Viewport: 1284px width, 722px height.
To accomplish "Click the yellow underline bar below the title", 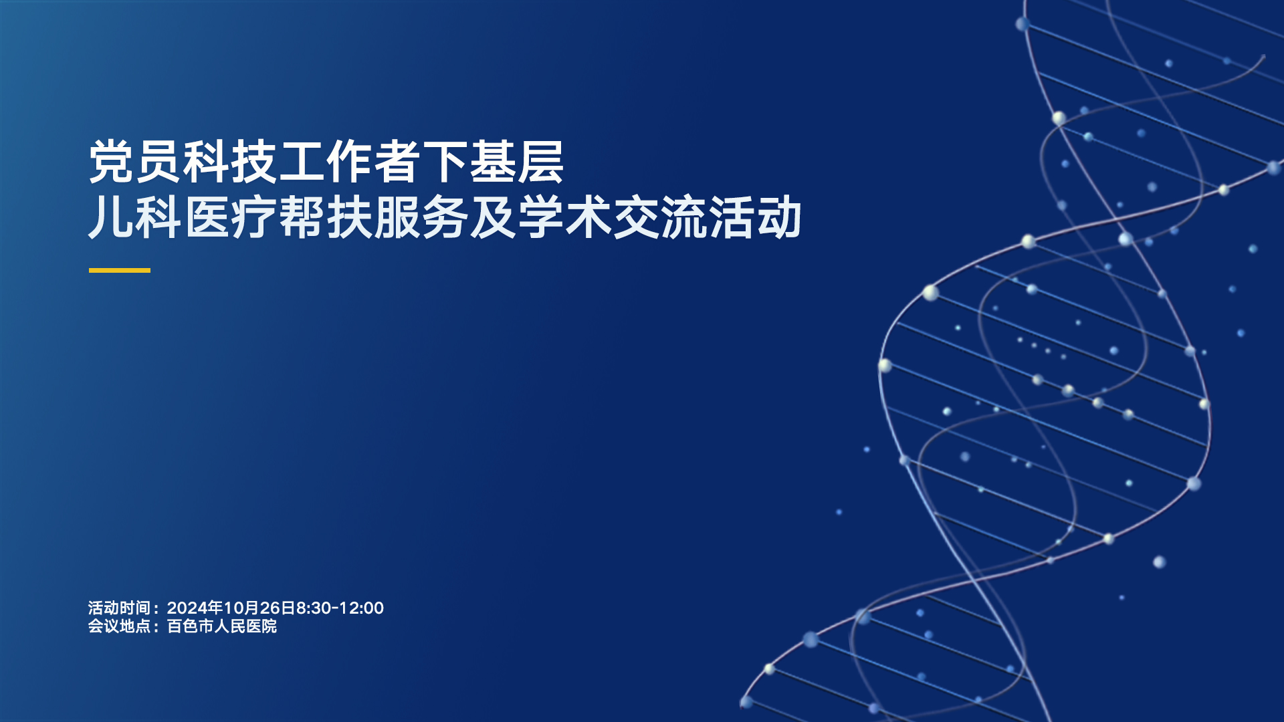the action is (x=120, y=270).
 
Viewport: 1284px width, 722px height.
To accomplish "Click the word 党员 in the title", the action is (x=136, y=162).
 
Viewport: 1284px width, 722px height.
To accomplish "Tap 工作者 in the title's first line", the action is (x=350, y=162).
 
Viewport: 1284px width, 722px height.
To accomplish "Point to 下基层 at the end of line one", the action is (x=493, y=162).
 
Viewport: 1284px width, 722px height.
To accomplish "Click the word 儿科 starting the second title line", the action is (x=136, y=217).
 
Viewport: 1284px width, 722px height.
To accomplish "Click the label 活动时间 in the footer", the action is (x=120, y=608).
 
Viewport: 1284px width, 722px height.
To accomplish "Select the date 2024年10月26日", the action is (x=231, y=608).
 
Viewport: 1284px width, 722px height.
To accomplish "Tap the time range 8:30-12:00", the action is (x=340, y=608).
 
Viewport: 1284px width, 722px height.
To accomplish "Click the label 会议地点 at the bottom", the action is (x=120, y=626).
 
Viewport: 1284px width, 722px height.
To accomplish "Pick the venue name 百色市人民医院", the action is (x=222, y=626).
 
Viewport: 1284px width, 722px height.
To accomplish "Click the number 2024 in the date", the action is (x=187, y=608).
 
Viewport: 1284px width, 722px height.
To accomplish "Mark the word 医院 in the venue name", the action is (x=261, y=626).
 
